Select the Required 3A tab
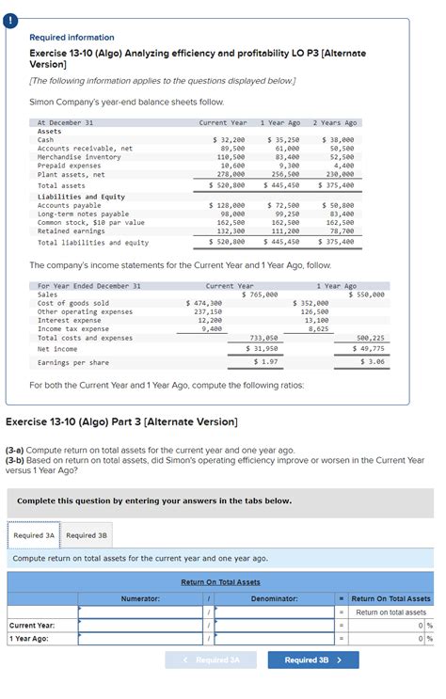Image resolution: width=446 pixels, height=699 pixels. (34, 535)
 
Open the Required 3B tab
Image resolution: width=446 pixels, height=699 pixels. (87, 535)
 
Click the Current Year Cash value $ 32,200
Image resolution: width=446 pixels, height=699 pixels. (229, 139)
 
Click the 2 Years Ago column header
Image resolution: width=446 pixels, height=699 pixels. (335, 123)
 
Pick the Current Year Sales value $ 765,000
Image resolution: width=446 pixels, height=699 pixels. (259, 294)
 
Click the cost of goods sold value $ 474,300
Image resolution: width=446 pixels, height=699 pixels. (204, 303)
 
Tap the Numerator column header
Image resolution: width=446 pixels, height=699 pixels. (140, 598)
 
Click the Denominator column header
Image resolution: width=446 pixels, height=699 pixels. (274, 598)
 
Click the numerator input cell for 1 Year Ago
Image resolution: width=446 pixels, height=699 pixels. (140, 639)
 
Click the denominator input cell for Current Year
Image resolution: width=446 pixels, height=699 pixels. (274, 625)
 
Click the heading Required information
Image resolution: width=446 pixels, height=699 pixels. (72, 38)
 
